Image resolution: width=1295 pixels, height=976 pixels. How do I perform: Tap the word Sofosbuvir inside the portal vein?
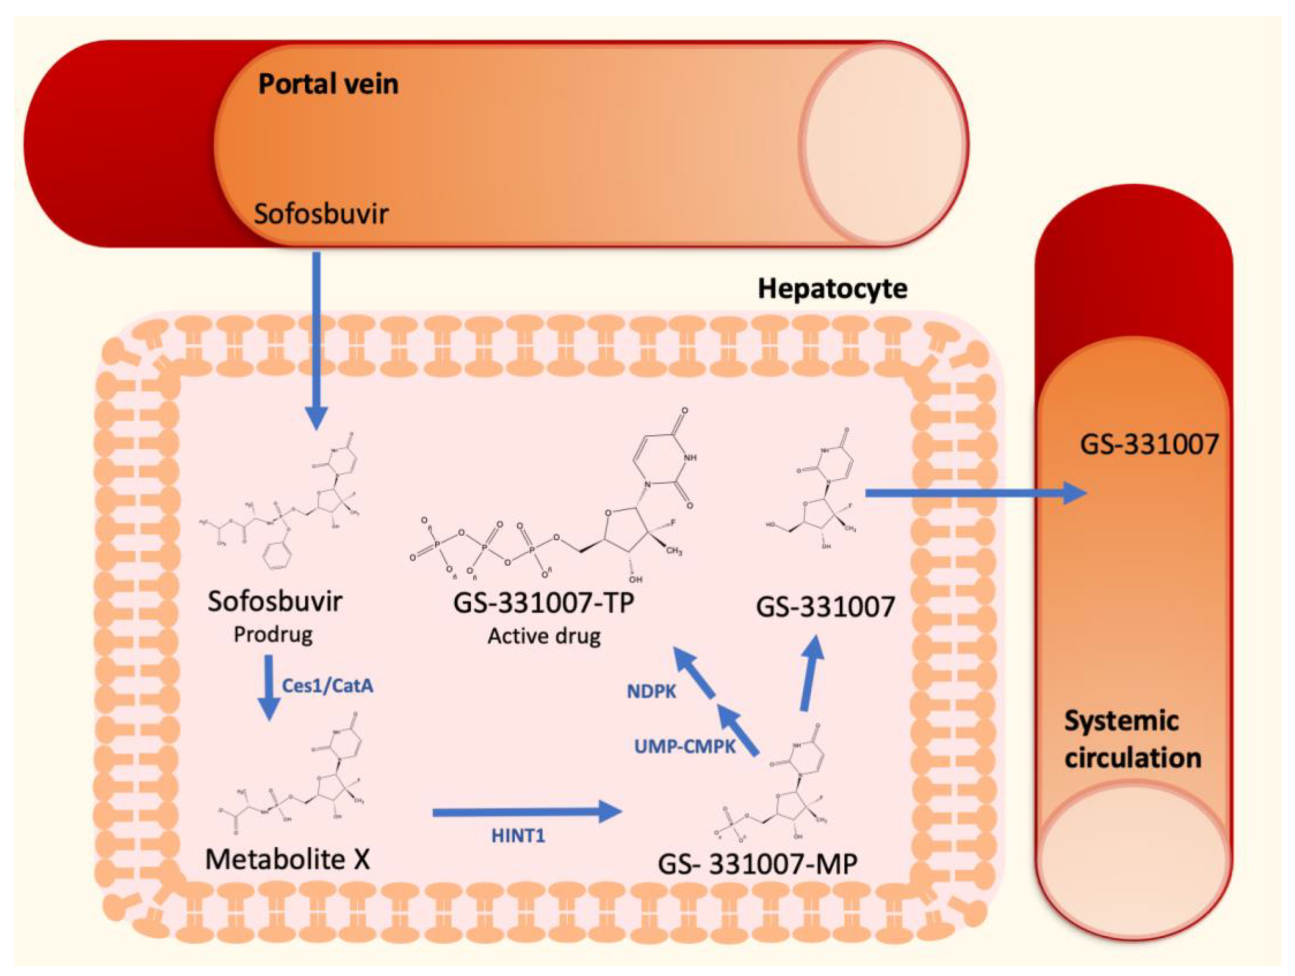pyautogui.click(x=321, y=214)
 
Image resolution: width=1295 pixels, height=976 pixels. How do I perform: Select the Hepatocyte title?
pyautogui.click(x=832, y=289)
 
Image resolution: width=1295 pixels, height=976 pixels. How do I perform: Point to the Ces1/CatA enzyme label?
pyautogui.click(x=327, y=686)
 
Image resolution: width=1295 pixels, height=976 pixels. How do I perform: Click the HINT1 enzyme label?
pyautogui.click(x=518, y=835)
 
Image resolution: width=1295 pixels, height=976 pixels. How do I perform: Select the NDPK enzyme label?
pyautogui.click(x=651, y=691)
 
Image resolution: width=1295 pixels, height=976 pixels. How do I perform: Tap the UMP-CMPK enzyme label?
pyautogui.click(x=684, y=747)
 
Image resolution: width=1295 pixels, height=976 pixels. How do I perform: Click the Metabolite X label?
pyautogui.click(x=288, y=859)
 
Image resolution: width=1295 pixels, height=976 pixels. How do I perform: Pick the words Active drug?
pyautogui.click(x=544, y=637)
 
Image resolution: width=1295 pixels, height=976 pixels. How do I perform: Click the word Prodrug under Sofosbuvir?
pyautogui.click(x=273, y=634)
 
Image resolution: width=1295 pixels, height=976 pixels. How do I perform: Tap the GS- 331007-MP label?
pyautogui.click(x=758, y=864)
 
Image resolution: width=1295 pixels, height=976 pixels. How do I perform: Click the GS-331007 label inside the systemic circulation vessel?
pyautogui.click(x=1149, y=445)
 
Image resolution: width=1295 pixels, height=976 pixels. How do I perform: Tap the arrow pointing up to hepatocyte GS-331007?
pyautogui.click(x=811, y=673)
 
